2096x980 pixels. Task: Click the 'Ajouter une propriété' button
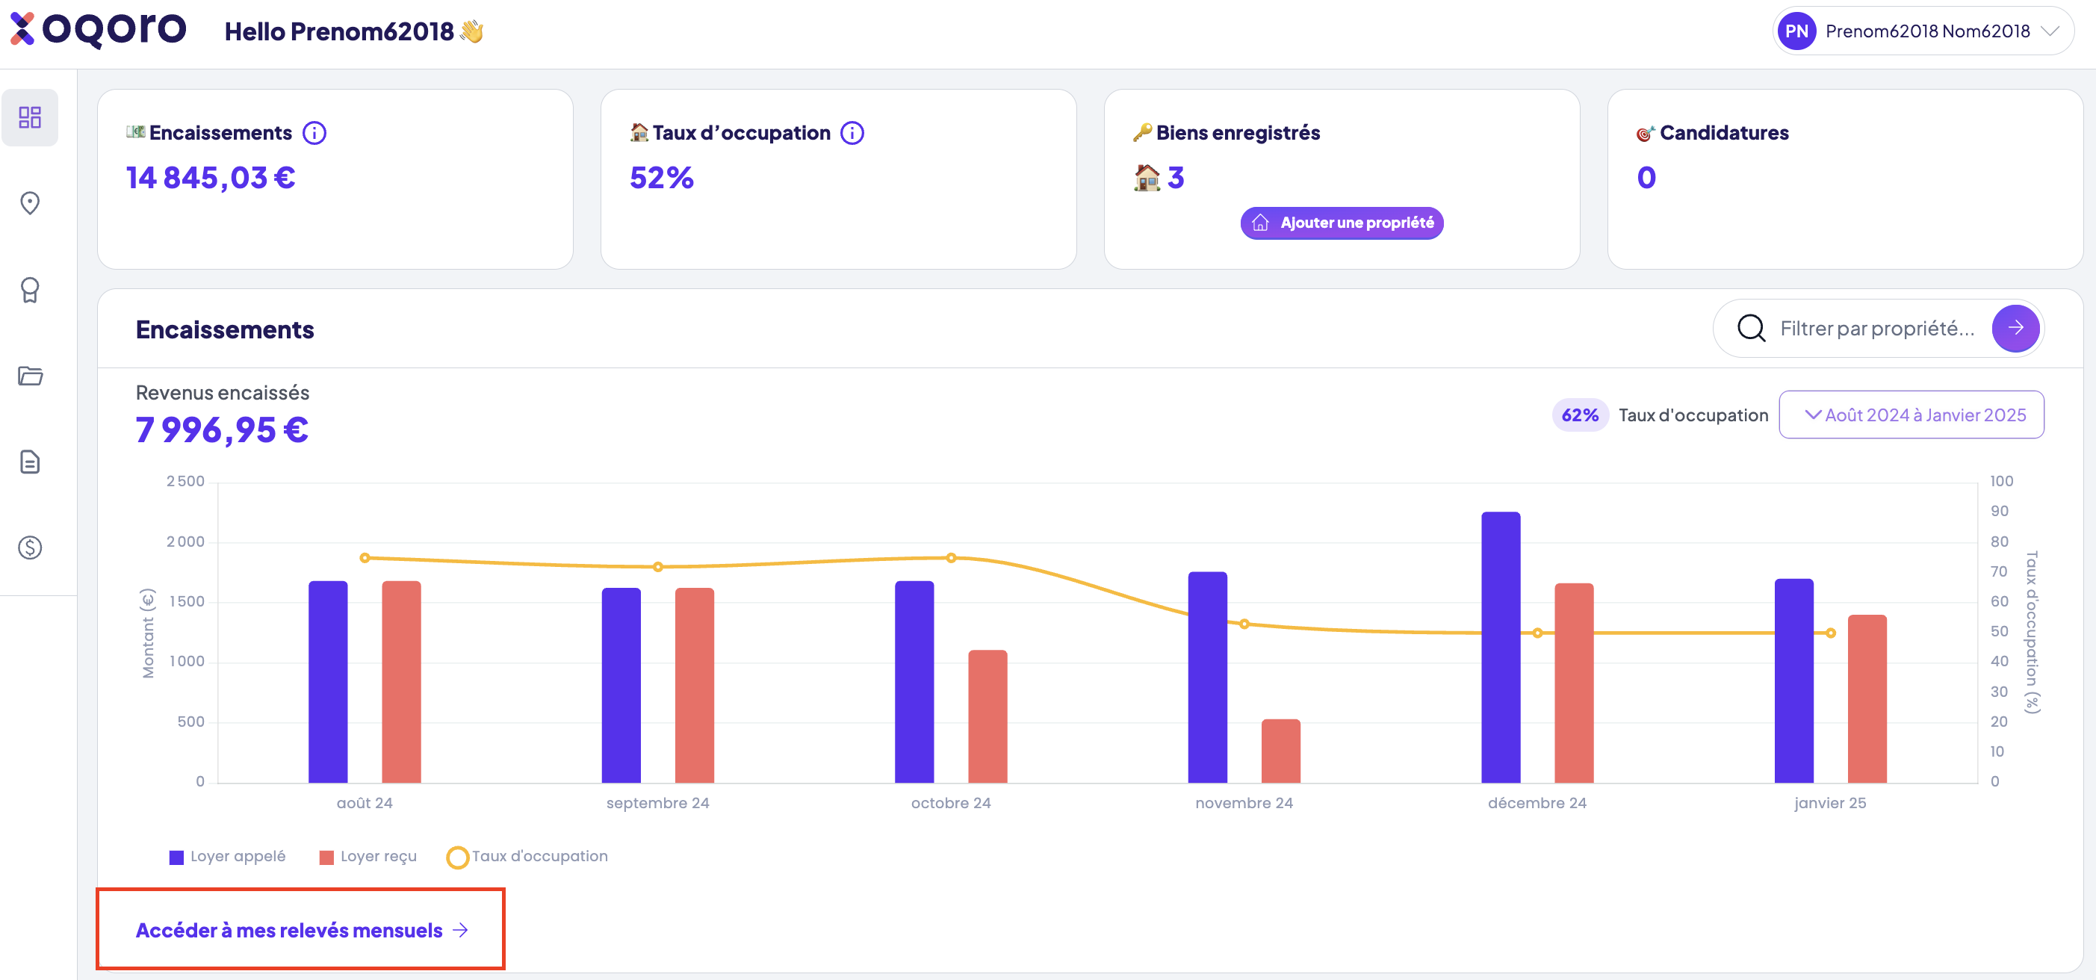pos(1342,223)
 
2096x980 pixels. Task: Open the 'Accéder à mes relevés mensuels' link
pos(301,929)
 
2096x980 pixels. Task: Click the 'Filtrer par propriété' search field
pos(1876,328)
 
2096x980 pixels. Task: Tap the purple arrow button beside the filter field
pos(2015,328)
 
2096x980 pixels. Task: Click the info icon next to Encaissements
pos(314,133)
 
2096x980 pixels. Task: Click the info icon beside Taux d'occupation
pos(852,133)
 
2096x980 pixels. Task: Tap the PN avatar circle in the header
pos(1796,31)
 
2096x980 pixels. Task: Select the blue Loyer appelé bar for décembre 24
pos(1501,647)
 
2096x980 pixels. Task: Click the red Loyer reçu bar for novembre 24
pos(1281,751)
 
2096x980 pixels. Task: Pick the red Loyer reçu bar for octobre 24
pos(987,716)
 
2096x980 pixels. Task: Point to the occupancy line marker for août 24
pos(365,557)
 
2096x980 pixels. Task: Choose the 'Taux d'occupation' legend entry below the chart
pos(527,856)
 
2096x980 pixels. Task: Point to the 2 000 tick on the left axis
pos(185,542)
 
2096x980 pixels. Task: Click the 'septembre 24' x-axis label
pos(657,804)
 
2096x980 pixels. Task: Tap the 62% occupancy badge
pos(1579,415)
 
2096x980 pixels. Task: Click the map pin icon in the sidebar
pos(30,202)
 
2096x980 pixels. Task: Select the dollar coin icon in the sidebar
pos(30,548)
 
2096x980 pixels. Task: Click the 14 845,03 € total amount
pos(211,178)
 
